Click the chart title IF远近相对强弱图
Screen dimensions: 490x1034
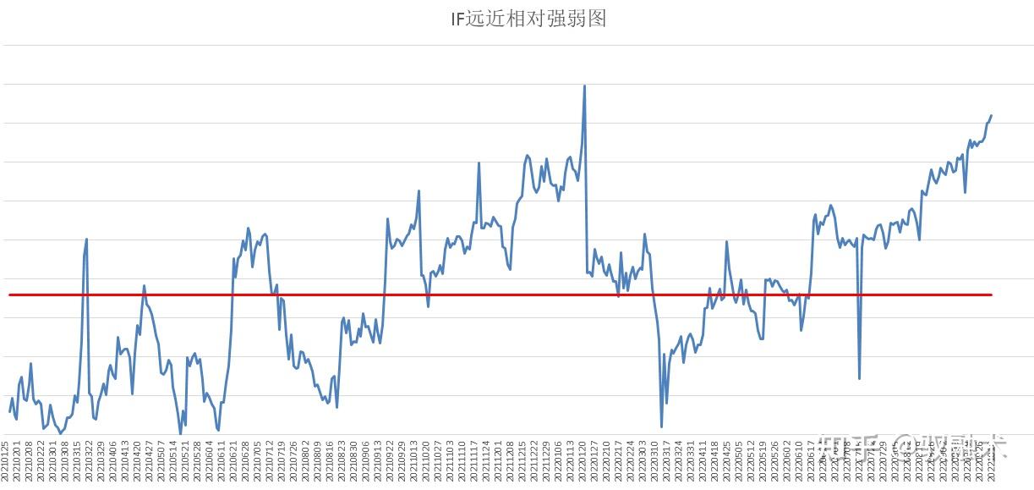pos(528,19)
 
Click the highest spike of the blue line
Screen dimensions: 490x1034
pos(584,85)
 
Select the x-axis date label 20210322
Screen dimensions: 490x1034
pos(90,461)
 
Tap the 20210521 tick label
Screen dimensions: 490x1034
pos(186,461)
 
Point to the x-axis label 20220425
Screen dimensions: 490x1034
pos(727,461)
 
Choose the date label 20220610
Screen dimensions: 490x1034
pos(800,461)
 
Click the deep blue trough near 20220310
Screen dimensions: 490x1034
pos(661,427)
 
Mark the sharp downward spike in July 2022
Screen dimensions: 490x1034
pos(860,377)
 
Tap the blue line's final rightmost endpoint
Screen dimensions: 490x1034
pos(991,115)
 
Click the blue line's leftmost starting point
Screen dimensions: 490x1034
pos(9,412)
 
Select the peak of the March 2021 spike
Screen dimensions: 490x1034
pos(87,239)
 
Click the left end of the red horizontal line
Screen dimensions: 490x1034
pos(9,295)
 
